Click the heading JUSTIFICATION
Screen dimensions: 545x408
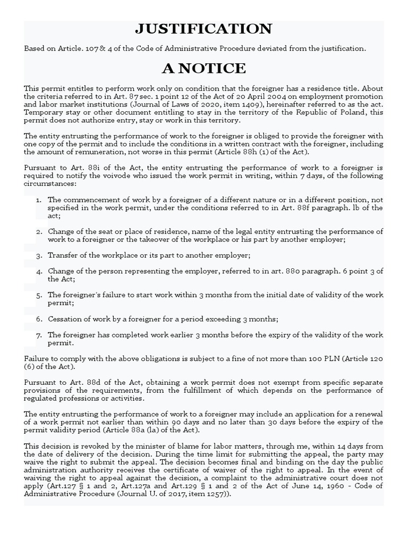click(x=204, y=29)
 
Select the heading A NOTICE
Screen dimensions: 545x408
click(x=204, y=69)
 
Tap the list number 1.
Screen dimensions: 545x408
click(x=38, y=200)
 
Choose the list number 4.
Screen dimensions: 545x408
click(x=38, y=271)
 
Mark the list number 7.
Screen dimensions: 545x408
click(x=38, y=335)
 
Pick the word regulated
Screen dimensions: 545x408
click(x=42, y=398)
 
